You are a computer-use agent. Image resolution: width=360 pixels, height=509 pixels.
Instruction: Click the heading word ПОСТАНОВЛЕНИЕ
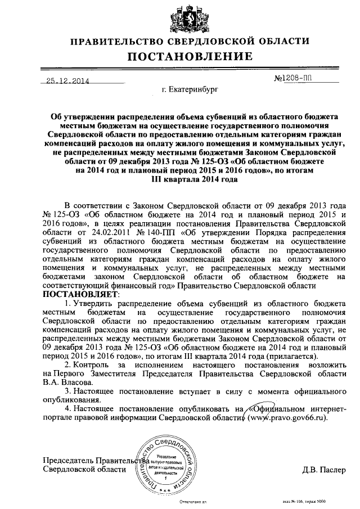pos(181,56)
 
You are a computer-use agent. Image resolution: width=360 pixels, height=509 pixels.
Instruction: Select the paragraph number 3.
pos(67,391)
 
